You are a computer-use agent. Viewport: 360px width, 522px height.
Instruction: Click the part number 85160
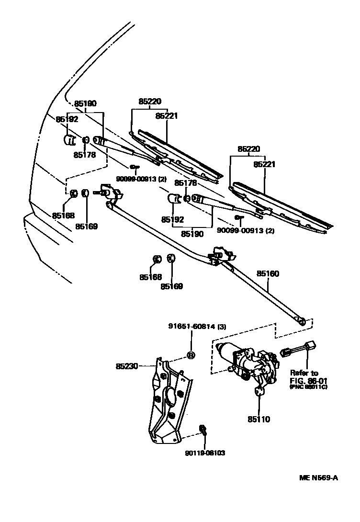pyautogui.click(x=268, y=274)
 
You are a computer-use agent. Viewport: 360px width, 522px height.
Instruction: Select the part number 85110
pyautogui.click(x=259, y=420)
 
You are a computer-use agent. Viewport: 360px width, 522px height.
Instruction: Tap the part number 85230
pyautogui.click(x=126, y=366)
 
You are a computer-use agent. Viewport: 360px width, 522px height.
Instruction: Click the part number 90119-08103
pyautogui.click(x=204, y=453)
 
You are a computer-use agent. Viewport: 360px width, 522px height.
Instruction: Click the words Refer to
pyautogui.click(x=304, y=373)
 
